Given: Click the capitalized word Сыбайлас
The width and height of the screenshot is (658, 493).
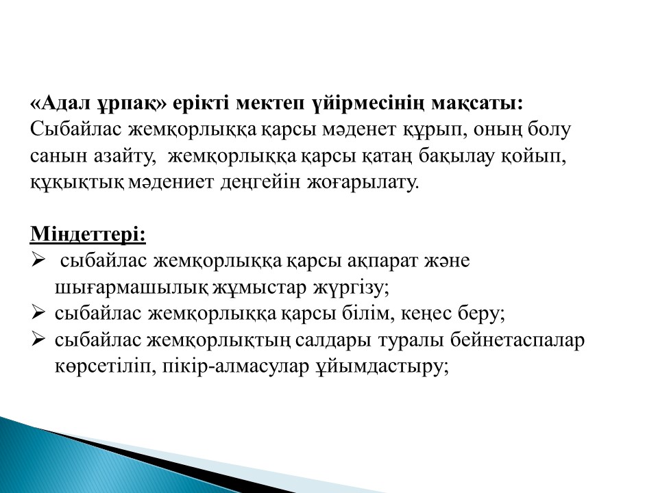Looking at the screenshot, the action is point(76,130).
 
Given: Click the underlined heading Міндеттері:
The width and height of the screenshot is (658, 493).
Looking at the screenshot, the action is point(88,234).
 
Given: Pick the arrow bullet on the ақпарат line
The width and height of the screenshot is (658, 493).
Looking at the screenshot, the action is point(38,261).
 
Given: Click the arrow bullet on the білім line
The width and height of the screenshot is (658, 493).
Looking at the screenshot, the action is point(38,313).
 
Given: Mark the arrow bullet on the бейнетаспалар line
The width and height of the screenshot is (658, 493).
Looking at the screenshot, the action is point(38,340).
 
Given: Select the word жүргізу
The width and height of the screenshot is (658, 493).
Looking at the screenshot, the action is point(351,288).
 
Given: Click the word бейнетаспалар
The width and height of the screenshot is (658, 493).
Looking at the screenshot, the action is point(517,340).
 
